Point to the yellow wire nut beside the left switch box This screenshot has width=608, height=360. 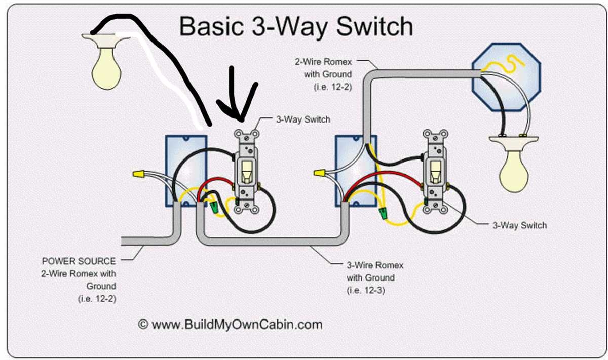(136, 174)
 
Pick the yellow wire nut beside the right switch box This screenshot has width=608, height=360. (319, 174)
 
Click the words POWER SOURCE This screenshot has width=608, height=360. (79, 262)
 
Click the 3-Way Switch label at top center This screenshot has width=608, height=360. (302, 120)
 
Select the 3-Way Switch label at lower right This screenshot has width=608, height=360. (519, 225)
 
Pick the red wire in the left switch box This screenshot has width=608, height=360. (213, 185)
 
